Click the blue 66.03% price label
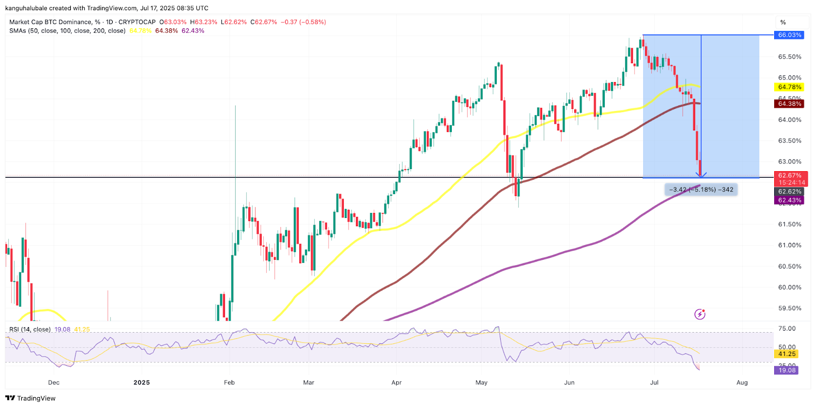(x=789, y=35)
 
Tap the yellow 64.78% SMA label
(x=789, y=87)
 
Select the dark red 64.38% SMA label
(x=789, y=104)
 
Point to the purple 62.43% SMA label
(x=789, y=200)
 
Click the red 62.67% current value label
(x=790, y=176)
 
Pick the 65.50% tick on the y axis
(x=789, y=57)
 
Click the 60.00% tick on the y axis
(x=789, y=287)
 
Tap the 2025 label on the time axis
(x=141, y=383)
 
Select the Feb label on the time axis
(x=229, y=383)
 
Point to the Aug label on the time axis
(x=742, y=383)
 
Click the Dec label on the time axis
(x=54, y=383)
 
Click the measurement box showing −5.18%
(x=701, y=189)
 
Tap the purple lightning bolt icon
(x=700, y=314)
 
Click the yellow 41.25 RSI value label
(x=787, y=354)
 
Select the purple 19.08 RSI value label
(x=787, y=370)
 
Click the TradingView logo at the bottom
(x=31, y=398)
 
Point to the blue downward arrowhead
(x=701, y=175)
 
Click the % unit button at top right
(x=783, y=22)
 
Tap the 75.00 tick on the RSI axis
(x=787, y=329)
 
